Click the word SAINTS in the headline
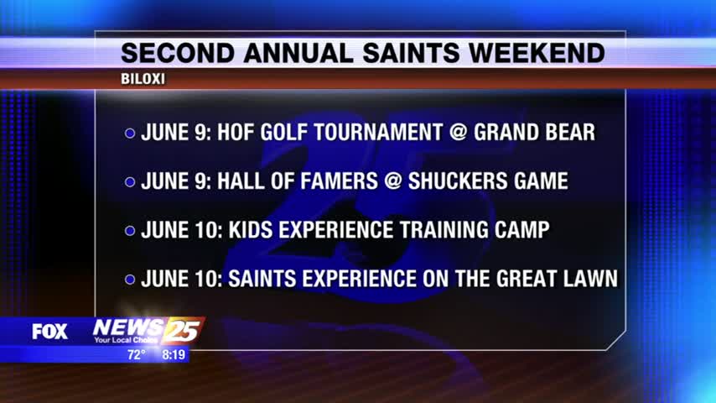point(411,53)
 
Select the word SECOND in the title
point(178,53)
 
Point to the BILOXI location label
point(143,79)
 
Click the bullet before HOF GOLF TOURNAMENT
point(130,133)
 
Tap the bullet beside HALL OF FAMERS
point(130,182)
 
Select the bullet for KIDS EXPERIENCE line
point(130,231)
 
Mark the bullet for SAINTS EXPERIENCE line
point(130,280)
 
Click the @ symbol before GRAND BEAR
point(458,132)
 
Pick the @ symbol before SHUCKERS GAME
point(392,181)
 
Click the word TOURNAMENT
point(378,132)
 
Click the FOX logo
point(49,332)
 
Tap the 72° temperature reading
point(137,354)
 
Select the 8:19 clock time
point(174,354)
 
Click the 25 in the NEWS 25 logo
point(182,330)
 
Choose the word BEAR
point(568,132)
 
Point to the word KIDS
point(250,230)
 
